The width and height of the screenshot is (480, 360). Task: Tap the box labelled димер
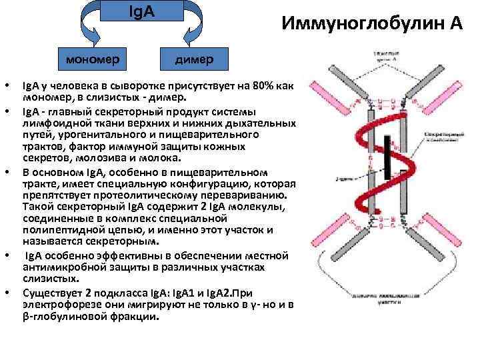click(194, 60)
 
